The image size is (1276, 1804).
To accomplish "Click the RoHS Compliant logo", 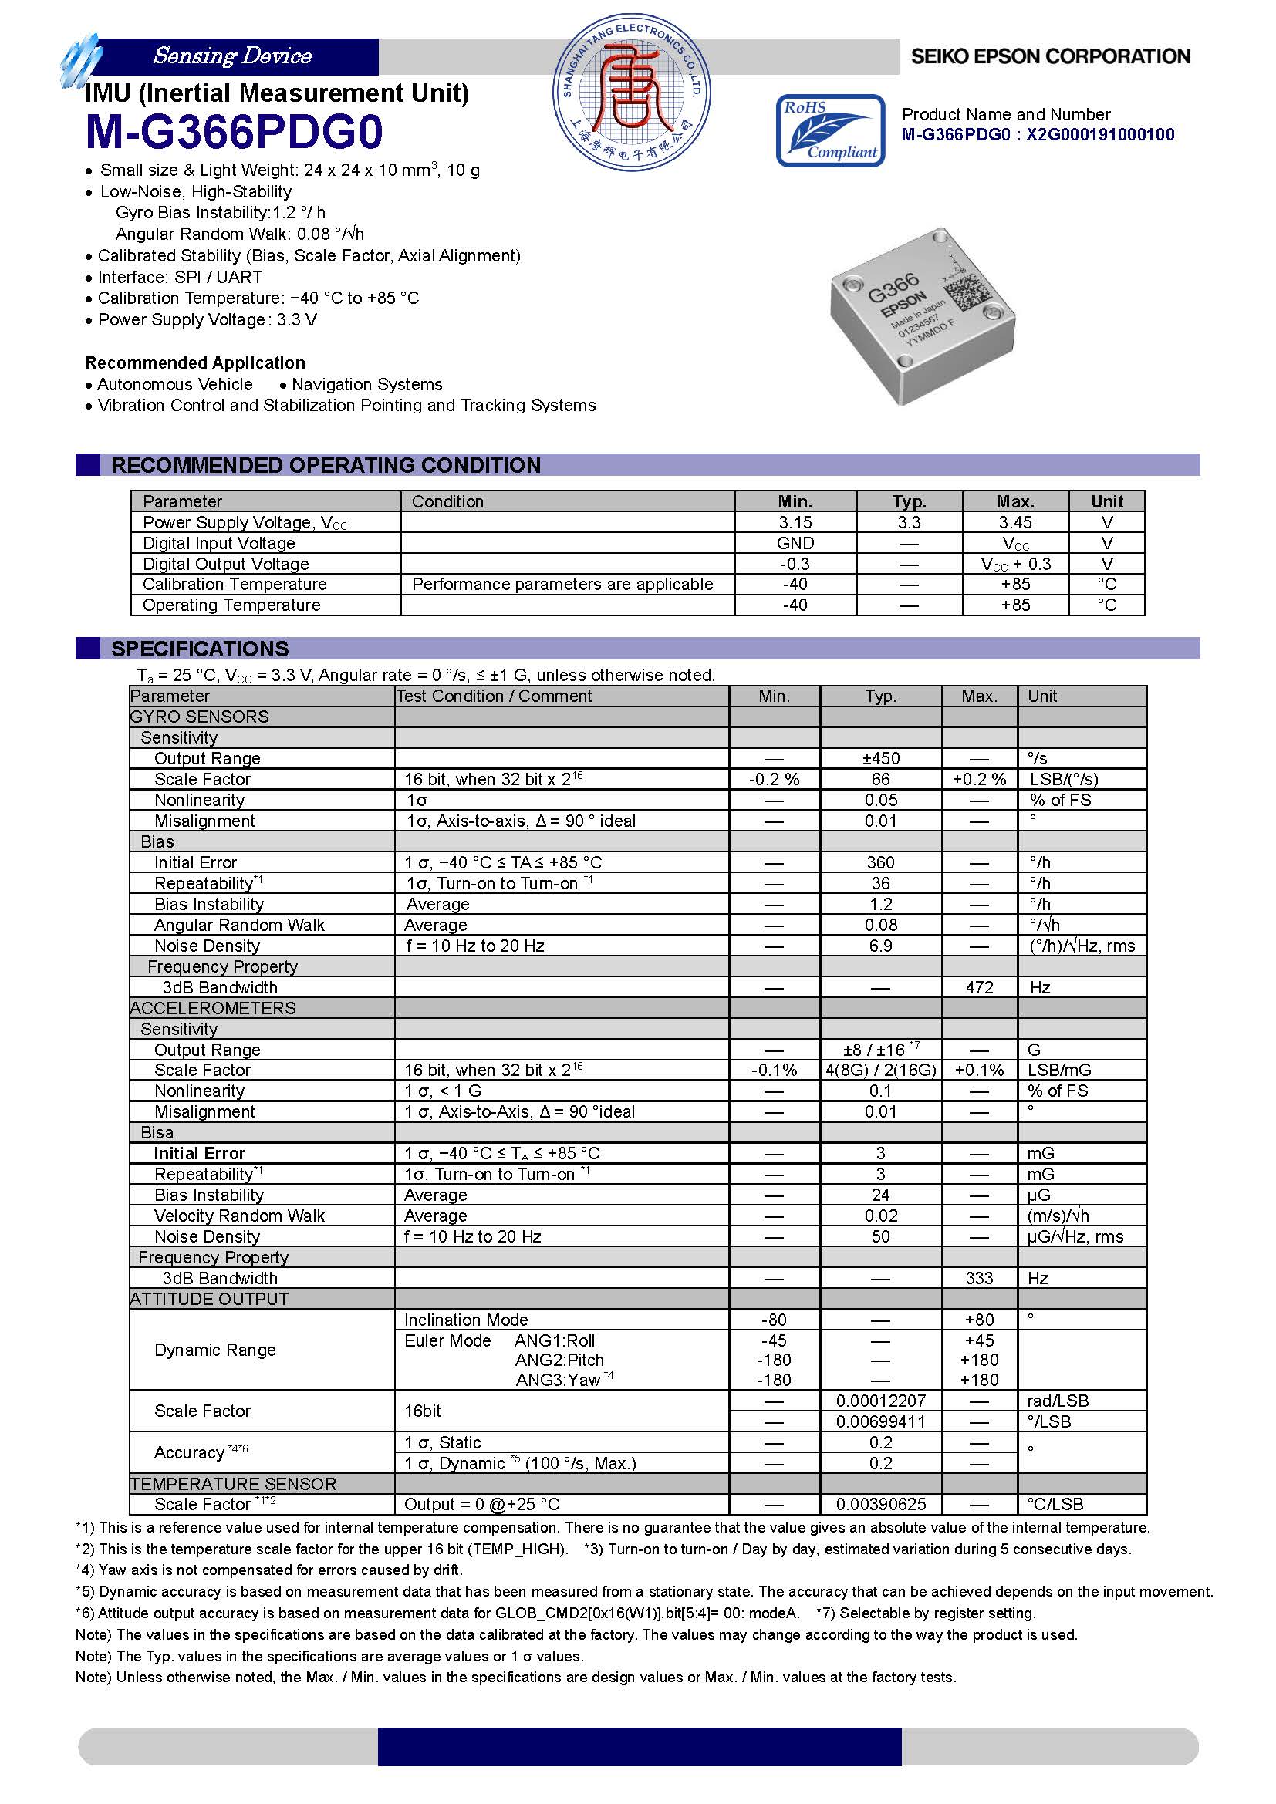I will pyautogui.click(x=830, y=130).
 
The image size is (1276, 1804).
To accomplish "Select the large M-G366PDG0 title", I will pyautogui.click(x=235, y=132).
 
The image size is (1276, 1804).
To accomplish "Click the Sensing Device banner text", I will pyautogui.click(x=232, y=56).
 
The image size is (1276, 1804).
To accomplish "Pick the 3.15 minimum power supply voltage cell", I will pyautogui.click(x=795, y=522).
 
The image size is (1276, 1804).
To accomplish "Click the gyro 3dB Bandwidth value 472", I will pyautogui.click(x=979, y=988).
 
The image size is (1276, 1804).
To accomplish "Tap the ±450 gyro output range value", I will pyautogui.click(x=880, y=758).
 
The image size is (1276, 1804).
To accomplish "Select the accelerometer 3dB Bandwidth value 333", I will pyautogui.click(x=979, y=1278).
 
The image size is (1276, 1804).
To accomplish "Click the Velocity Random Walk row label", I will pyautogui.click(x=239, y=1216).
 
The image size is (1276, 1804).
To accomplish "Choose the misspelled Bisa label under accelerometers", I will pyautogui.click(x=157, y=1132).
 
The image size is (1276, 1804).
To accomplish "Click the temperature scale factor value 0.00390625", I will pyautogui.click(x=880, y=1504).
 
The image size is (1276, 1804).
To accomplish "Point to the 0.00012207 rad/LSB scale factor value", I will pyautogui.click(x=880, y=1401).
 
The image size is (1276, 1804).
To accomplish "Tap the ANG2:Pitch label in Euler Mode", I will pyautogui.click(x=559, y=1360).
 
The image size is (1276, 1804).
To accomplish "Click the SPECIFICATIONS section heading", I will pyautogui.click(x=200, y=649).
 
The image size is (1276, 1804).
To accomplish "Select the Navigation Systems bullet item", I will pyautogui.click(x=366, y=384).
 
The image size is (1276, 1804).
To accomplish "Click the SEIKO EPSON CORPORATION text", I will pyautogui.click(x=1051, y=56).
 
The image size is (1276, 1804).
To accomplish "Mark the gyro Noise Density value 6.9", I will pyautogui.click(x=880, y=946).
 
